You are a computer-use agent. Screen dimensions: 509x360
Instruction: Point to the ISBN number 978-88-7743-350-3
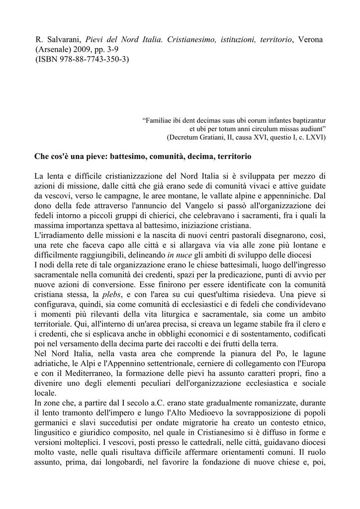[x=85, y=60]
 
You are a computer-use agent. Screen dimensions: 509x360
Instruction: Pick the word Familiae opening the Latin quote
[x=160, y=120]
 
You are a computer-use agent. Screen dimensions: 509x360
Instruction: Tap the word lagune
[x=311, y=353]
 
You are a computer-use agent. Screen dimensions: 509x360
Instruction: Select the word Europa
[x=311, y=363]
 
